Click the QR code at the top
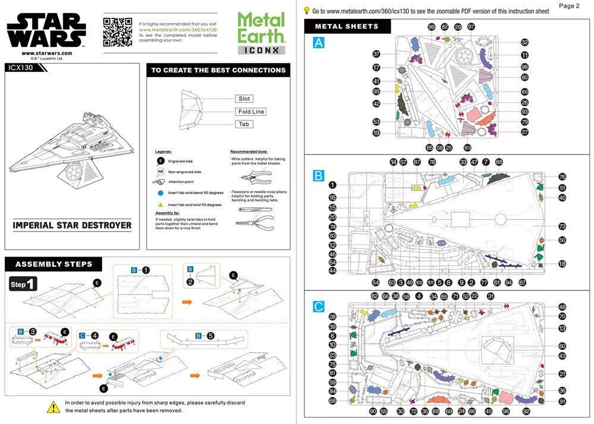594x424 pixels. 117,31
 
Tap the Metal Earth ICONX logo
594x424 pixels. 261,34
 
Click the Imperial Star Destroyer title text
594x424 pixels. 72,226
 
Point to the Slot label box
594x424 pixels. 244,99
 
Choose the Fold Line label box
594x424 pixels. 251,112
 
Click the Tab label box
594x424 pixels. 244,124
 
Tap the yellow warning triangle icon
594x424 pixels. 53,407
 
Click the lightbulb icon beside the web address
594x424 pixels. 307,10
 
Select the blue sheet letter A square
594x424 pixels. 319,43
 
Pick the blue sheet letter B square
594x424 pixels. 319,176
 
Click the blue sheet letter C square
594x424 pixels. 319,307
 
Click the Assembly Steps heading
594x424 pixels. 53,264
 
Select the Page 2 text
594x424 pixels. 569,6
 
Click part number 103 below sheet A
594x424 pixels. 467,147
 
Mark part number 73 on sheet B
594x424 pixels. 562,226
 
